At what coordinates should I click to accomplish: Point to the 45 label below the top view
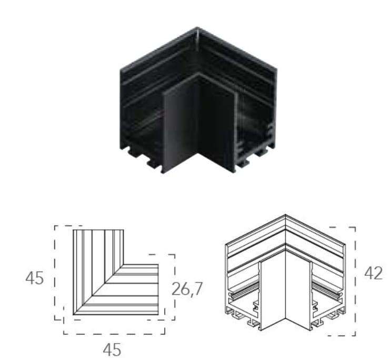coord(112,349)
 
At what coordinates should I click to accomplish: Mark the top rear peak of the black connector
coord(198,29)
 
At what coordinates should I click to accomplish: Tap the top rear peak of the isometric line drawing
coord(285,215)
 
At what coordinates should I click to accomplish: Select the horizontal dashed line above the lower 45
coord(114,333)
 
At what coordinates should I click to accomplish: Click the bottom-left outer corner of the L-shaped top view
coord(74,314)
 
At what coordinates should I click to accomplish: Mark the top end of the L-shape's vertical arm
coord(98,231)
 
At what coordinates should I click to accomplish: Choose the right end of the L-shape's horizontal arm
coord(157,289)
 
